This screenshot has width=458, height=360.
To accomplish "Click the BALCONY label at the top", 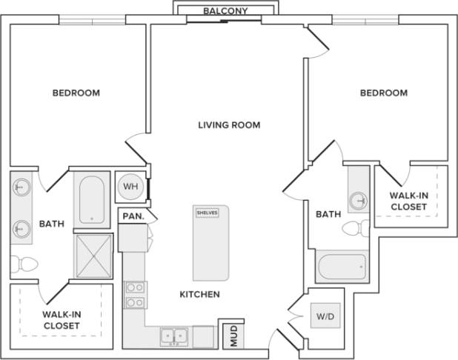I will point(226,11).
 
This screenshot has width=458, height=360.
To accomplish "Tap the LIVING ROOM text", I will point(229,124).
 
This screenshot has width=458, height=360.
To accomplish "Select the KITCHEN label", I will point(199,294).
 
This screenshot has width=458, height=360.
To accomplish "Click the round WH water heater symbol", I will point(130,186).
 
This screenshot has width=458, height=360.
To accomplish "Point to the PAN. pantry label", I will point(133,216).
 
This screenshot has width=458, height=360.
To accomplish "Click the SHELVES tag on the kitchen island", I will point(207,213).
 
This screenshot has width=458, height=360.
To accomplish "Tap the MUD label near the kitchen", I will point(233,336).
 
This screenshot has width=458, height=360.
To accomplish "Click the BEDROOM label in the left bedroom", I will point(76,93).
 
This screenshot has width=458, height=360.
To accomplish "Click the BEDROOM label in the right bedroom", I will point(383,93).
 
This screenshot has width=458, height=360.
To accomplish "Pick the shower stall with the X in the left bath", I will point(93,256).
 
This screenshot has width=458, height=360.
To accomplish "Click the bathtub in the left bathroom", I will point(92,200).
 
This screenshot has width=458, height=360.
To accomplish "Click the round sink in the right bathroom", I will point(359,199).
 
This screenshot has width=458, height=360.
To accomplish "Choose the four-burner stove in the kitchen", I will point(134,294).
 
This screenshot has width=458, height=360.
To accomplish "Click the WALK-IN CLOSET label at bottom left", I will point(62,319).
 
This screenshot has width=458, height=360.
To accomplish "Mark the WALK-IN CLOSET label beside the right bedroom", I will point(408,201).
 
